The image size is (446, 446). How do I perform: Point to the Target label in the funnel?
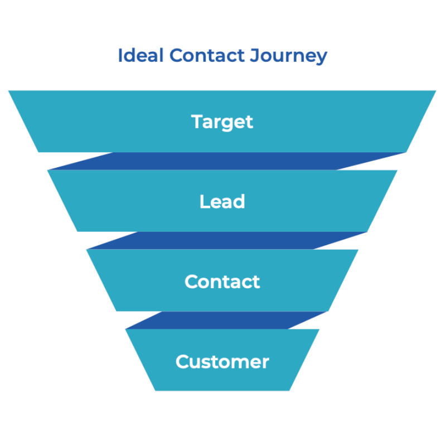click(x=222, y=122)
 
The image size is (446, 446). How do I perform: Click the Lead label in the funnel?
click(x=222, y=201)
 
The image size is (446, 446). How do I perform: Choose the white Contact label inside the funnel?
click(x=222, y=282)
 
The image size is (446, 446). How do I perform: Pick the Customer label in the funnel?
click(x=222, y=362)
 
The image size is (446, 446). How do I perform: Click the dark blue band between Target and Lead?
click(x=223, y=161)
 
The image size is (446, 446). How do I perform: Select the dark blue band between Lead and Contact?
click(x=223, y=241)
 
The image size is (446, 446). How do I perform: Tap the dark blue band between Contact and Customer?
click(x=223, y=321)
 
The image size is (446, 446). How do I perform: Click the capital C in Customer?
click(x=182, y=362)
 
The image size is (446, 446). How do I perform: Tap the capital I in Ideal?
click(x=120, y=56)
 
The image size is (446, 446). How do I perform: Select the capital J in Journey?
click(x=261, y=56)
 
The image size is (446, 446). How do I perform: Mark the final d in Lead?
click(x=239, y=201)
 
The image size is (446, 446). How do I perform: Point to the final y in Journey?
click(x=322, y=58)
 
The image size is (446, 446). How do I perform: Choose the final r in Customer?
click(x=265, y=363)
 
